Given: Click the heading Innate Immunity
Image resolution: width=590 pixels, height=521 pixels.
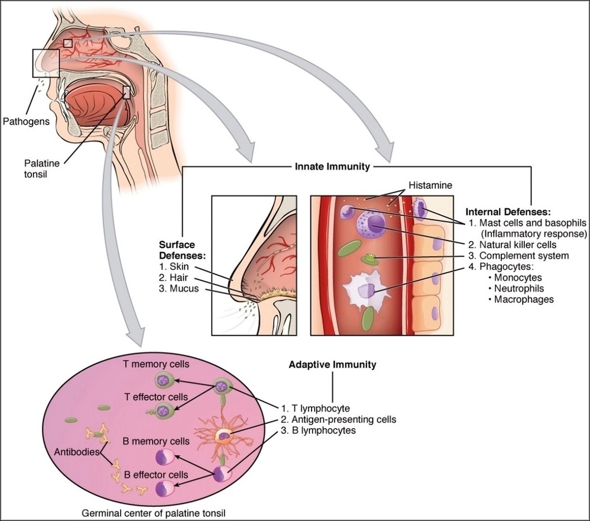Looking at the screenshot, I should tap(332, 167).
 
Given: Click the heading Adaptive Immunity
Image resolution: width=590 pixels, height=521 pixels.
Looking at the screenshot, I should tap(332, 365).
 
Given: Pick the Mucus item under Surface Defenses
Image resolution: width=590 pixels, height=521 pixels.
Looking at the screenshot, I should tap(181, 289).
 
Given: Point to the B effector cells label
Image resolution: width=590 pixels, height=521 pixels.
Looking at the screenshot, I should tap(155, 474).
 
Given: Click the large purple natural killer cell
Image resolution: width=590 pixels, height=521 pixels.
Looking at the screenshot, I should tap(372, 225).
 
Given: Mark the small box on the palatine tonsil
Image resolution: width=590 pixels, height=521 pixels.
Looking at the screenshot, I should tap(126, 92).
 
